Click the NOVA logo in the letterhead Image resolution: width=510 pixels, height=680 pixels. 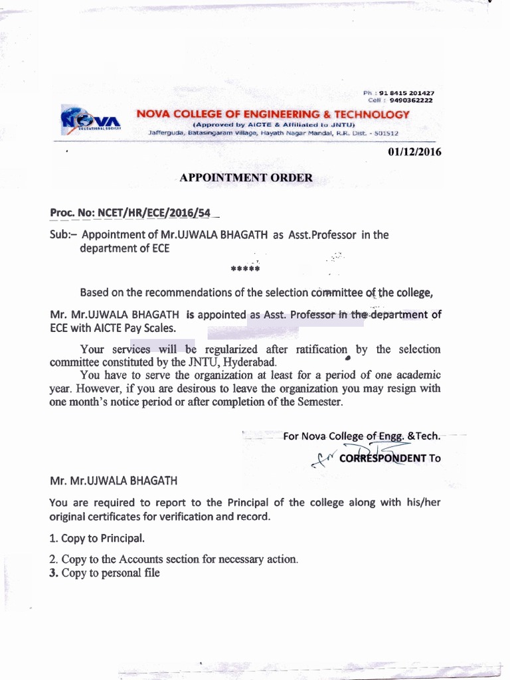90,120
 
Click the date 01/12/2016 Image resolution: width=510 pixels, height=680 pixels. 414,152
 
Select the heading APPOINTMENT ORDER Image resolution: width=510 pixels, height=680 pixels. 246,178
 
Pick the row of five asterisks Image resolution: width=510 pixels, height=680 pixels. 244,270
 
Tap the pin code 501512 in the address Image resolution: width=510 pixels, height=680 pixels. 386,133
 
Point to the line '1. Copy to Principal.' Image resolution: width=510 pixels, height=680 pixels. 97,539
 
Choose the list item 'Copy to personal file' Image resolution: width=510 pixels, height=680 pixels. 110,573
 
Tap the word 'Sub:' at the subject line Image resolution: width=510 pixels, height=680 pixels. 64,234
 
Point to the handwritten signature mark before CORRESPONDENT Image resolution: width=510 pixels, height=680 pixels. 325,458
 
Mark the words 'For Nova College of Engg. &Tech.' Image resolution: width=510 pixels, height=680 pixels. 361,436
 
